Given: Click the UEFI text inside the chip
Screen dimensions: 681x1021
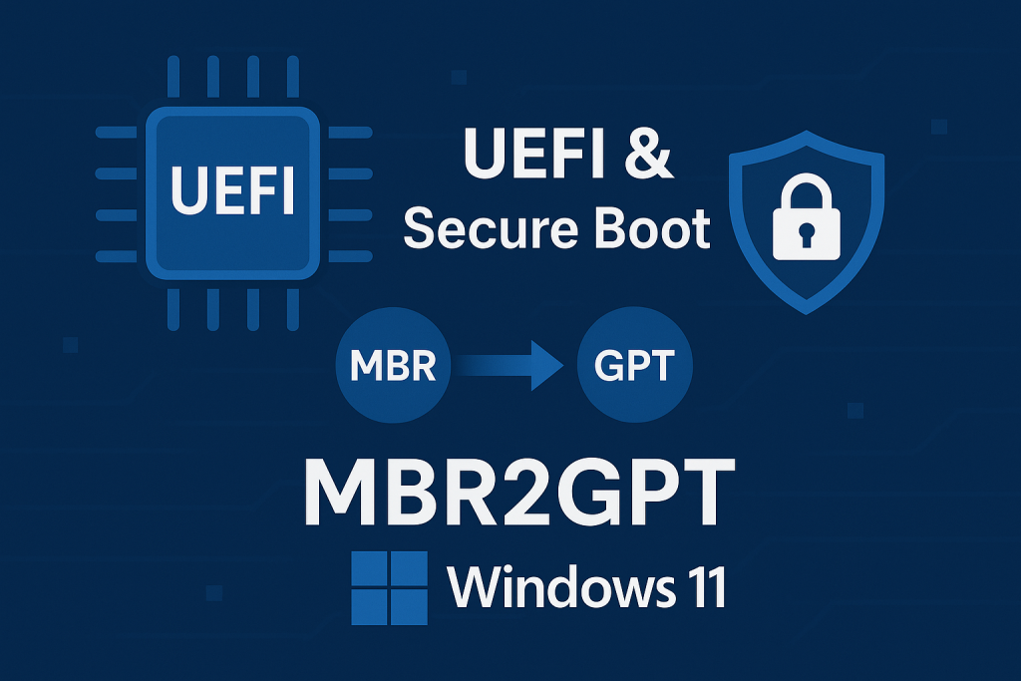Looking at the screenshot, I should coord(233,191).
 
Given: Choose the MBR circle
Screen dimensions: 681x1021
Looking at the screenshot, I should coord(393,367).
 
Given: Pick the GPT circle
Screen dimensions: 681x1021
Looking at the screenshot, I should coord(633,367).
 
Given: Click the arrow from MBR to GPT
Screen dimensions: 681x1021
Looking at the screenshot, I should coord(513,367).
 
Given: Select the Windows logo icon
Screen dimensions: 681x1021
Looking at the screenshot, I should coord(389,588).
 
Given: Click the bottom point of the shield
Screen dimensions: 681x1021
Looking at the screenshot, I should coord(807,312).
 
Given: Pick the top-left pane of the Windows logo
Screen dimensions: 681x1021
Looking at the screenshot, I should coord(369,568).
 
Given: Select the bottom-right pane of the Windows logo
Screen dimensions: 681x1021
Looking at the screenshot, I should coord(409,607).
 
